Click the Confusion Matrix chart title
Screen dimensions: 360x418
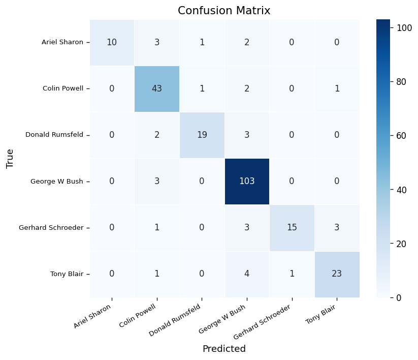[x=224, y=11]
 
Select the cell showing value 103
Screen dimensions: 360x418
[x=246, y=181]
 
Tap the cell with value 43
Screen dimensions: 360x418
[x=157, y=88]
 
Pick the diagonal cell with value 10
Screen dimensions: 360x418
[x=112, y=42]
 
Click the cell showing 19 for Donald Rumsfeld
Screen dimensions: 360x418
[x=202, y=135]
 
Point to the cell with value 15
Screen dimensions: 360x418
[x=292, y=227]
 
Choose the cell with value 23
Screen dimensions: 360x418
[x=336, y=274]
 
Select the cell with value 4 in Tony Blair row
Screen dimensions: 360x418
[x=246, y=274]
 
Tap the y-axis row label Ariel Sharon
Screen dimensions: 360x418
[x=62, y=42]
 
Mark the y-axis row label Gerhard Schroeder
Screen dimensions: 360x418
[x=51, y=228]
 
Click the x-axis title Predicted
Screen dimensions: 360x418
[x=224, y=349]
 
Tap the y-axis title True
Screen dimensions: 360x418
[x=10, y=158]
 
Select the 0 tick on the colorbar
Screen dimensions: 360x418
[x=399, y=297]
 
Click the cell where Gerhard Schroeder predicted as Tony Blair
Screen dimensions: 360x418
[x=336, y=227]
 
